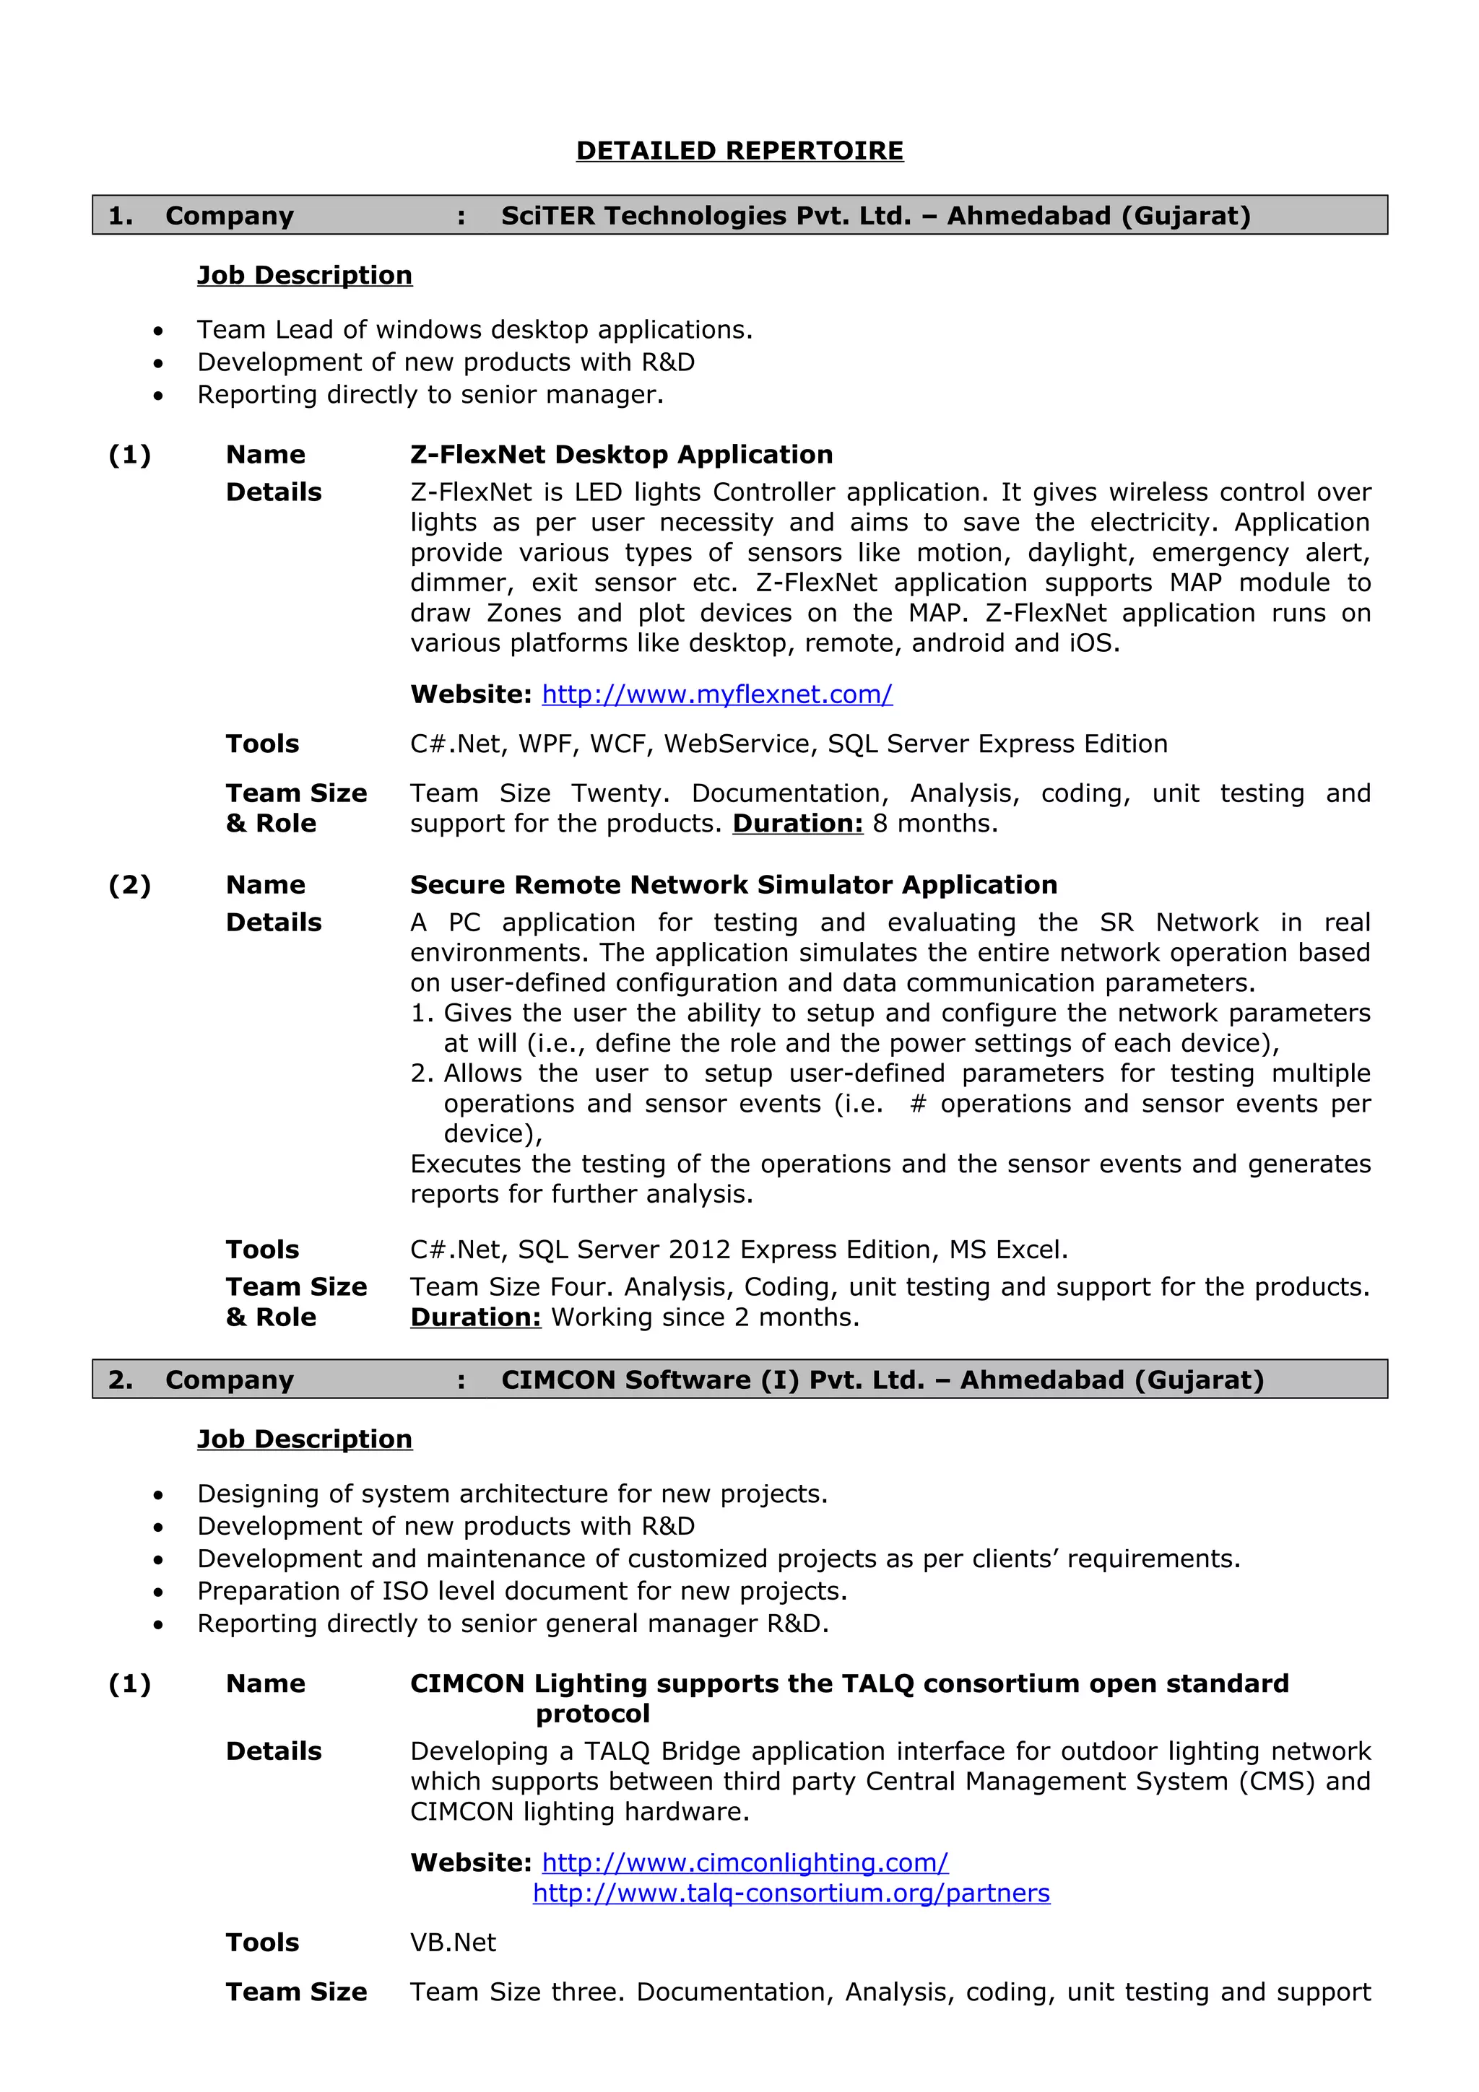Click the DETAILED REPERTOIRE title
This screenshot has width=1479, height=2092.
coord(739,150)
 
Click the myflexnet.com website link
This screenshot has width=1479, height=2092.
coord(716,694)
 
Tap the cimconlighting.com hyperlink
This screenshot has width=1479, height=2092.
coord(745,1862)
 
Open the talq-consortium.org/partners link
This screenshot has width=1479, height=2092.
coord(791,1893)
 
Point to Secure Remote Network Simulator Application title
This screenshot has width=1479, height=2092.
coord(733,885)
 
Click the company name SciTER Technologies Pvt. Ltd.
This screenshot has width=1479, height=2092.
coord(706,216)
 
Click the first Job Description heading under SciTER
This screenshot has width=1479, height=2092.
coord(304,275)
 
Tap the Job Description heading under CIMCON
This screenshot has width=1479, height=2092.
coord(304,1439)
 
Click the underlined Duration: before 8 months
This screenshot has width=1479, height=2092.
coord(797,824)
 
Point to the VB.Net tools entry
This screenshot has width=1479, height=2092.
coord(453,1943)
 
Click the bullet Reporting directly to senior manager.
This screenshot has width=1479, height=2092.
coord(430,395)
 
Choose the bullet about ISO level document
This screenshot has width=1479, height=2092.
coord(522,1591)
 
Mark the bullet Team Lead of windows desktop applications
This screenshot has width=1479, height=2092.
coord(474,330)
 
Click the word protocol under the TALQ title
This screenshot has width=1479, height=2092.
coord(592,1714)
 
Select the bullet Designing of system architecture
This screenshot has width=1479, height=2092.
coord(512,1494)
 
